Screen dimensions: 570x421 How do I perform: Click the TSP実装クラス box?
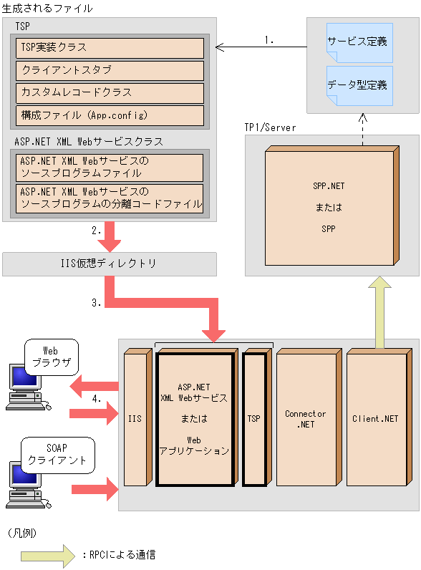click(110, 48)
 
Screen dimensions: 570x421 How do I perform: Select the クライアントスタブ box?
click(110, 71)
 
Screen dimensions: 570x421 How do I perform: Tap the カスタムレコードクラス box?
click(110, 93)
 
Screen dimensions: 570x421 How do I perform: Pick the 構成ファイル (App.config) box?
click(110, 115)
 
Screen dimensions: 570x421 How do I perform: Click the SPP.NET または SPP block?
click(329, 208)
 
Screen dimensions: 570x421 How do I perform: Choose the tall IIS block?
click(135, 417)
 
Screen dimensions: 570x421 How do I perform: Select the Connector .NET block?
click(305, 419)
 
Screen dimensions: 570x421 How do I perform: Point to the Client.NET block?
click(375, 419)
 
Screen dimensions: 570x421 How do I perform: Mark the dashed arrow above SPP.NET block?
click(362, 129)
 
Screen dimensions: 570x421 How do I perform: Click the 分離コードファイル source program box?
click(110, 198)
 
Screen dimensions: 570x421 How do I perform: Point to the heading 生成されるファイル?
click(47, 9)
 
